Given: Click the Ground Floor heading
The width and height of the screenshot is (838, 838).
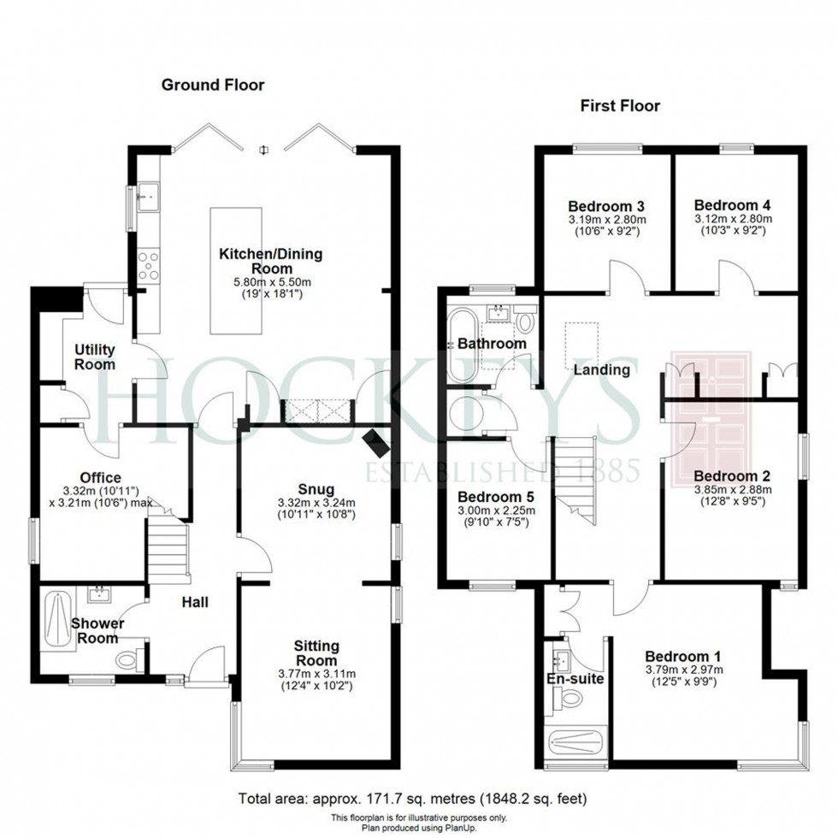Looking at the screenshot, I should point(213,85).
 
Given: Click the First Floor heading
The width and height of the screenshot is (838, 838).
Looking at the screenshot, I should point(620,106).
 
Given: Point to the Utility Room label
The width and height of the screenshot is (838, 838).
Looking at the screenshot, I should point(94,357).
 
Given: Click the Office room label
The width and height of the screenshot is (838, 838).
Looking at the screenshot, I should point(101,477).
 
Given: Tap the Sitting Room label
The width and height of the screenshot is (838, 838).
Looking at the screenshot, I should point(316,652).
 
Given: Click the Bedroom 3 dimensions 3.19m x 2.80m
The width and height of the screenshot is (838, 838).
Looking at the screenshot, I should point(607,220).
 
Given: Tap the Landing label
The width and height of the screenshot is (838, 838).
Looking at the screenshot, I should point(602,370).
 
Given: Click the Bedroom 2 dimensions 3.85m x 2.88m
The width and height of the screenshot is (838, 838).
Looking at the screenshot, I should point(732,490).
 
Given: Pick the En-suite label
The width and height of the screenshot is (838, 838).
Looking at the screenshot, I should point(575,679).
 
